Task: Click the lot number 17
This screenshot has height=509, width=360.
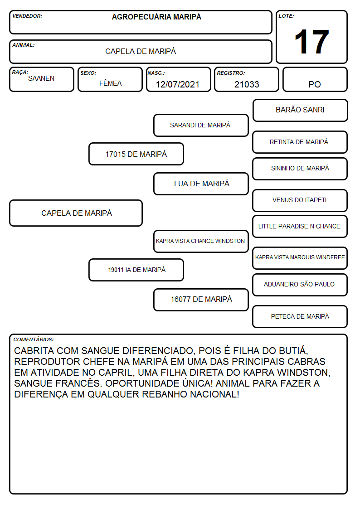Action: click(x=311, y=42)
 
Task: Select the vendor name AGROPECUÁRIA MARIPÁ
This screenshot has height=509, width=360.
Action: click(x=156, y=17)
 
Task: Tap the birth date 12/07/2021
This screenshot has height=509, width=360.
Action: click(x=178, y=84)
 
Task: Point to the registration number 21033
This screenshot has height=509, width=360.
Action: click(x=247, y=84)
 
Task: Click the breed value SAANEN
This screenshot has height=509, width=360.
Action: click(x=41, y=78)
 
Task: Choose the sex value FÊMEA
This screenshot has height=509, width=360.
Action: click(x=110, y=83)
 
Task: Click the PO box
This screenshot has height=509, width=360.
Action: click(x=315, y=79)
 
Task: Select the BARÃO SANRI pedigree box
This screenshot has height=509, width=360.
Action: click(x=300, y=111)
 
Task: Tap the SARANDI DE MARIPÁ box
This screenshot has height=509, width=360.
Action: click(x=201, y=125)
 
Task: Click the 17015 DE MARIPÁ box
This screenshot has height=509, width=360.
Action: click(x=136, y=154)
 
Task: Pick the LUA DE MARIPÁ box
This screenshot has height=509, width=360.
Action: click(x=201, y=184)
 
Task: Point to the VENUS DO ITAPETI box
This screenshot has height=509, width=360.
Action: click(x=300, y=200)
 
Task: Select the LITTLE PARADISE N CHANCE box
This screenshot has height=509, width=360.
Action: click(x=300, y=226)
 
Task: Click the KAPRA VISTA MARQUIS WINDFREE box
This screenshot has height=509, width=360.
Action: click(x=300, y=258)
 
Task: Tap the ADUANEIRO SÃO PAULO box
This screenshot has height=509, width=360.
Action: click(x=300, y=285)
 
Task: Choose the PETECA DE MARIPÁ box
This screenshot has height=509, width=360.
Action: click(x=300, y=316)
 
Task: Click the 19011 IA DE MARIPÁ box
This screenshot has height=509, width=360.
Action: click(x=136, y=270)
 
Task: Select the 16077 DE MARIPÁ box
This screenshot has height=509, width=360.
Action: click(x=201, y=300)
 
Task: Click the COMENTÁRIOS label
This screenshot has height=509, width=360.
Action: click(x=34, y=339)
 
